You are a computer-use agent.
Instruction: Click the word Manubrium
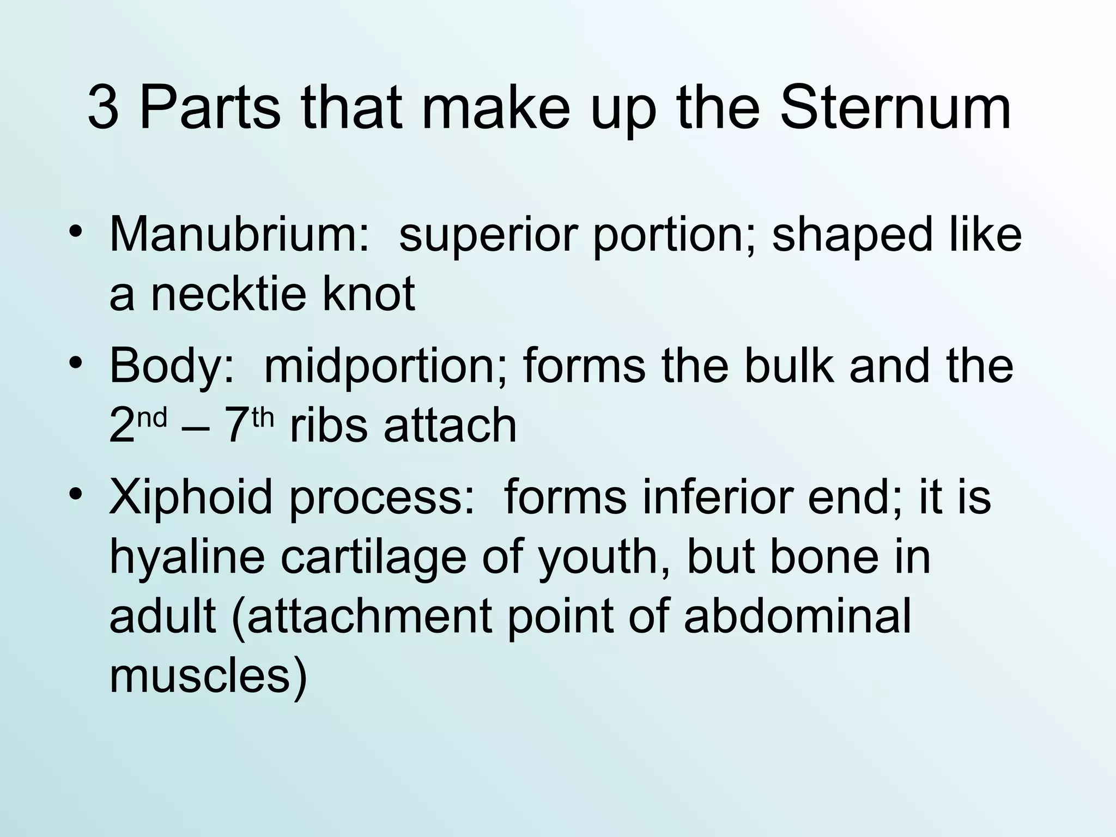(x=240, y=234)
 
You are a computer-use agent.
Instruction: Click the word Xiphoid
(x=191, y=498)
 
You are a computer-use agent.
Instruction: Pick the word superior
(x=488, y=234)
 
